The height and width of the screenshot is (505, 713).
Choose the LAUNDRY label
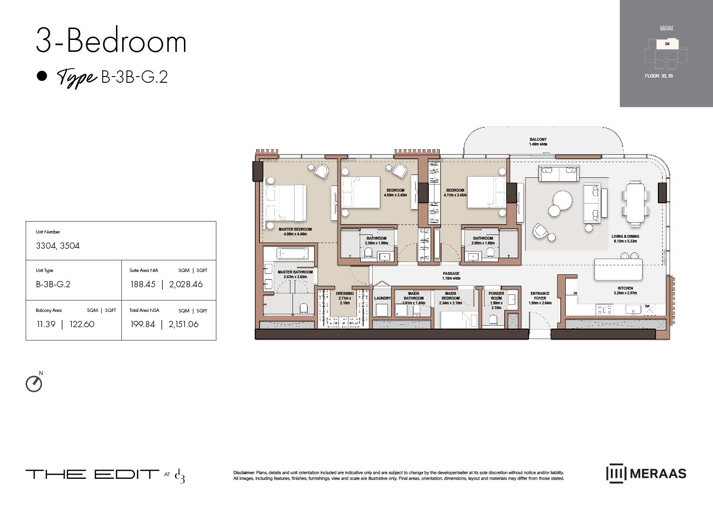[382, 298]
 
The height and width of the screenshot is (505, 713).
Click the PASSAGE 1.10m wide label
[451, 276]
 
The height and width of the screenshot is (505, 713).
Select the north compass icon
[34, 383]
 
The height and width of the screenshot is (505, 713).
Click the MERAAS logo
[646, 474]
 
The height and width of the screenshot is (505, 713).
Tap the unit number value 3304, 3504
[58, 246]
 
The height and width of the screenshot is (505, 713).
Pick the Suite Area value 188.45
[143, 284]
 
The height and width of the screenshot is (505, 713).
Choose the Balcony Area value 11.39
[46, 324]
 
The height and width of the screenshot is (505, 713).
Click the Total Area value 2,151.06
[183, 324]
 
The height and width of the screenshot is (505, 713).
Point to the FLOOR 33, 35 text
[658, 76]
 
